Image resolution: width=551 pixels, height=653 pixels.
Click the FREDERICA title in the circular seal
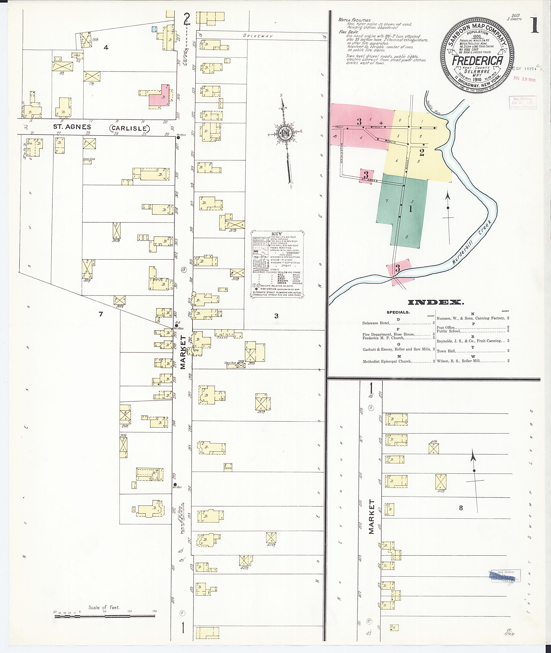pos(477,60)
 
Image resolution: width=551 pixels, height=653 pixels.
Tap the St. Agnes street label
pos(72,127)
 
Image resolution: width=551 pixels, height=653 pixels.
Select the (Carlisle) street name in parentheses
pos(129,128)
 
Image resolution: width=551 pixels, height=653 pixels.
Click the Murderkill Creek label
pos(472,242)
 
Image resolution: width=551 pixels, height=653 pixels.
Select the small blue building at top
pos(154,29)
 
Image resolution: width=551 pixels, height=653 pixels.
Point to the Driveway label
pos(258,36)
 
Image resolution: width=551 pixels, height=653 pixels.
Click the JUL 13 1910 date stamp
pos(524,79)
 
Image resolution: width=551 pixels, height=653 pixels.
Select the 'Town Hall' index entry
pos(446,351)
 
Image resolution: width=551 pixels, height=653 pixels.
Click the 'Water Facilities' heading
pos(354,20)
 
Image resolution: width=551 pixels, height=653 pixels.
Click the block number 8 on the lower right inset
pos(461,508)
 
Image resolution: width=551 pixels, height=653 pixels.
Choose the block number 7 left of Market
pos(101,314)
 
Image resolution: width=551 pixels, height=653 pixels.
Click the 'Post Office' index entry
pos(446,327)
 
